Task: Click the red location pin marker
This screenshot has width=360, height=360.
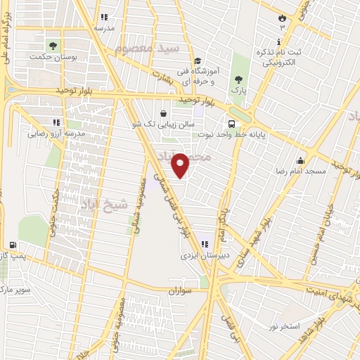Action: [x=181, y=164]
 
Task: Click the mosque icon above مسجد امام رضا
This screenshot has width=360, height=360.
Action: [x=301, y=159]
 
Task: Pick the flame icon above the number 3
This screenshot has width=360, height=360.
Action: [x=283, y=15]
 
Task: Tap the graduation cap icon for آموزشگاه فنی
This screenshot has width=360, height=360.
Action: [x=198, y=61]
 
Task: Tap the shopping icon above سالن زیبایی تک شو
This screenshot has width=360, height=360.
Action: [x=163, y=113]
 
